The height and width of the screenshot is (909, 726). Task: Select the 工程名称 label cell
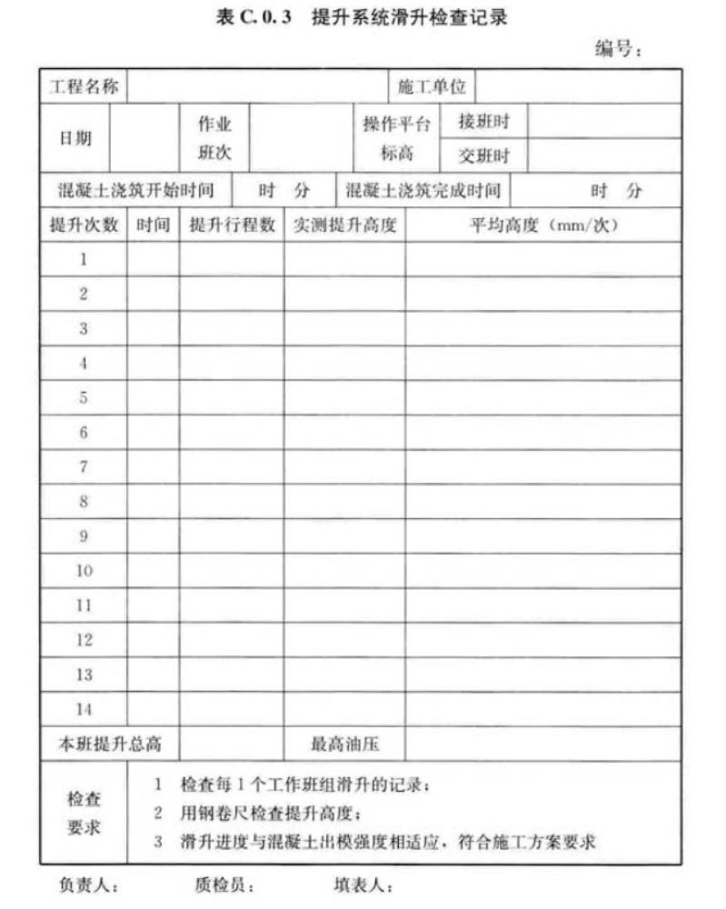83,87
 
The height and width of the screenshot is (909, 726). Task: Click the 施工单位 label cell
432,87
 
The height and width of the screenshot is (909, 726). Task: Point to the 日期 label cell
75,139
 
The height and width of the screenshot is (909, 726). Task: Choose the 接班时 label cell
483,122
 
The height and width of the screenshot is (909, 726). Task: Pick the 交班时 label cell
483,155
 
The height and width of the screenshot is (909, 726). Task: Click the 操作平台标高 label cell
397,139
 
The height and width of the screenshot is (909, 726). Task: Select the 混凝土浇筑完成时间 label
423,191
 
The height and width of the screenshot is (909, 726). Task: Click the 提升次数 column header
84,225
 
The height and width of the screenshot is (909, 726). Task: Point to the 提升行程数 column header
232,225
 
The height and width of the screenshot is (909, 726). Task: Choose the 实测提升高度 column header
344,225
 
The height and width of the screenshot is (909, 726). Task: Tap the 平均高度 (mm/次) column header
543,225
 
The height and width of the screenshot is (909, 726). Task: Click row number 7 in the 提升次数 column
84,467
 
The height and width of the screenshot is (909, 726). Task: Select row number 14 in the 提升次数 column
84,709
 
